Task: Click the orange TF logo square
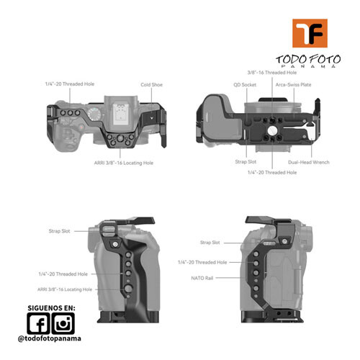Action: click(310, 33)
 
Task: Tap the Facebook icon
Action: click(38, 323)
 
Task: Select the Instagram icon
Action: click(63, 323)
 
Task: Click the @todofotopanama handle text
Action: click(50, 338)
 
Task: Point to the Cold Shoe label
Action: click(151, 85)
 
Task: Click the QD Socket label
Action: click(245, 85)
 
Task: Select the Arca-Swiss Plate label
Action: click(293, 85)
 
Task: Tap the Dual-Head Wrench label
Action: click(309, 162)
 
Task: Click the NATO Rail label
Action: click(202, 278)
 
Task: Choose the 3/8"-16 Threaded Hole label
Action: click(272, 73)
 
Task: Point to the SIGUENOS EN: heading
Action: click(51, 308)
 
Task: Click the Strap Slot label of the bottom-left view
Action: click(59, 231)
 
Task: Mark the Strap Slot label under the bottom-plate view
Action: click(246, 162)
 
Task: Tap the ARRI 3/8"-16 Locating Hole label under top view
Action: click(124, 163)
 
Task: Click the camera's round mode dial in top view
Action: click(94, 114)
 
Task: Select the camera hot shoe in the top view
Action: click(122, 113)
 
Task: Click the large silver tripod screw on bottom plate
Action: click(272, 130)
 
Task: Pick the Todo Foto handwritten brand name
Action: click(308, 59)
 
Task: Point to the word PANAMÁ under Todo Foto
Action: click(309, 66)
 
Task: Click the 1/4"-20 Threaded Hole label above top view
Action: click(70, 84)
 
